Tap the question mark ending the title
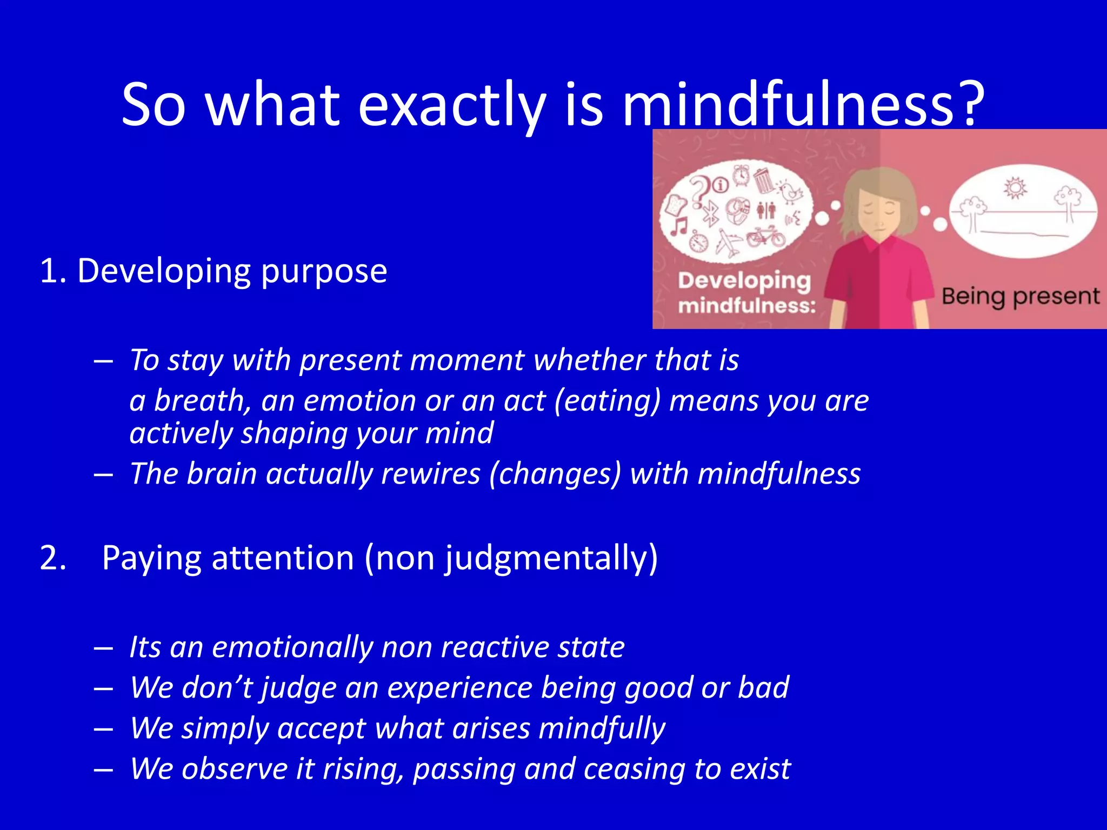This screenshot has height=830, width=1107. click(967, 103)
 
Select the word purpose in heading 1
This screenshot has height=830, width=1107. click(324, 272)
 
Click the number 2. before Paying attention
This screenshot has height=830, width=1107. click(53, 558)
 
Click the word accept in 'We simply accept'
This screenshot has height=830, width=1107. click(322, 728)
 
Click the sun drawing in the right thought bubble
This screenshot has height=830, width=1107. click(1015, 188)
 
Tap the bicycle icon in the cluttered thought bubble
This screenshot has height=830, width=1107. click(766, 236)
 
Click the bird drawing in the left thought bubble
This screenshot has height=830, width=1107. click(791, 191)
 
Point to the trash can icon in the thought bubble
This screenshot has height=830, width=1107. click(763, 180)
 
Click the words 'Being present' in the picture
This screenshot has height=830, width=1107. click(1020, 297)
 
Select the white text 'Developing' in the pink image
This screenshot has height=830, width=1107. click(744, 281)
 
